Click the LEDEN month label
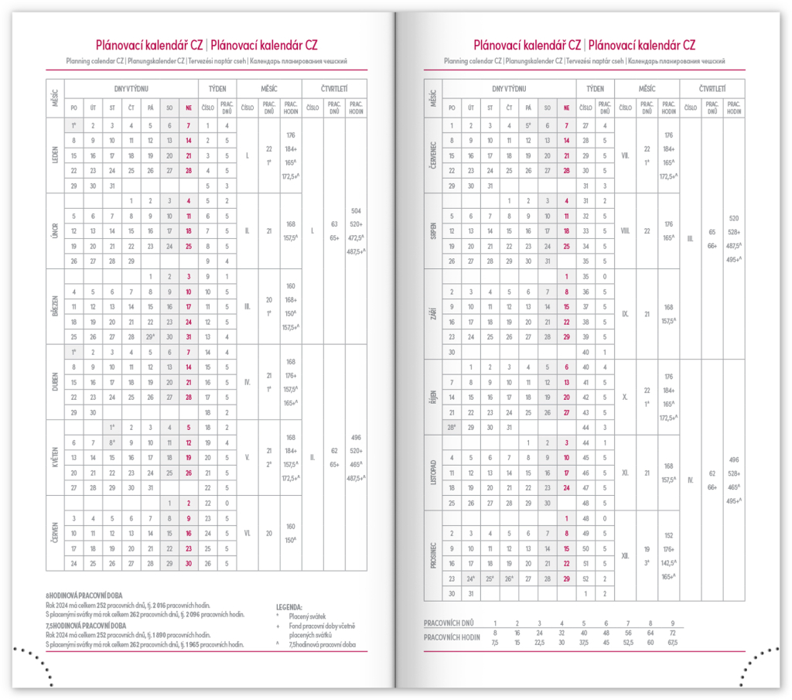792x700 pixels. [56, 155]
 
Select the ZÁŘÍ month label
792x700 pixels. [433, 314]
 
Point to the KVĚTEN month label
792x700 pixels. [56, 457]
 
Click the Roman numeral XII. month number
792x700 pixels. [626, 555]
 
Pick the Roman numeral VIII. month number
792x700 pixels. [626, 230]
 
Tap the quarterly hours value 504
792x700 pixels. [357, 210]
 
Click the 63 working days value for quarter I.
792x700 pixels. [334, 224]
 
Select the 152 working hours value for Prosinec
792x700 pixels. [669, 535]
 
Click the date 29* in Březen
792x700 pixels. [150, 336]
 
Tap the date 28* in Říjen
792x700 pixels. [451, 427]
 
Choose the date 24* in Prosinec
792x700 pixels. [470, 578]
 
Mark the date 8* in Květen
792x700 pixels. [111, 442]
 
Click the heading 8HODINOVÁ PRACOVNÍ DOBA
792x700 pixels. [82, 594]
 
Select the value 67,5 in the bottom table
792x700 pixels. [672, 642]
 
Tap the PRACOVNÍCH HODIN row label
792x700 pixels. [453, 637]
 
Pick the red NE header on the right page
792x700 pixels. [567, 108]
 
